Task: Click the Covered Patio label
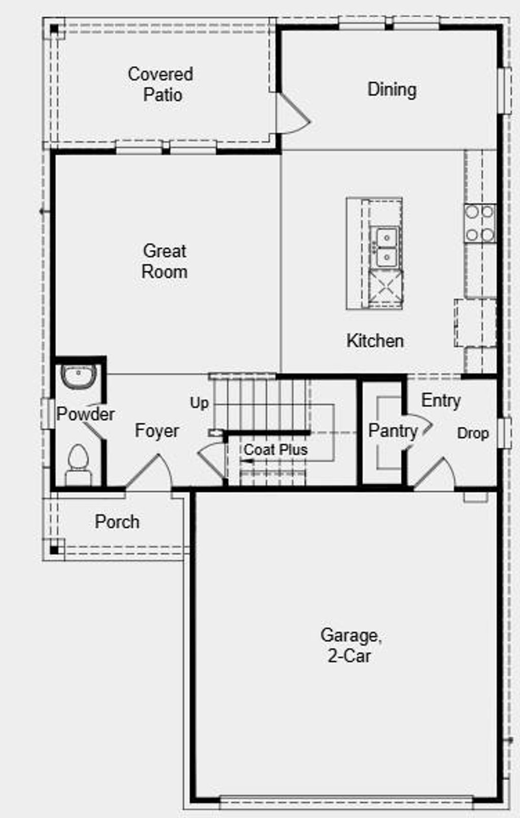click(161, 84)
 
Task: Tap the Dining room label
click(392, 90)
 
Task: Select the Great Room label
click(165, 261)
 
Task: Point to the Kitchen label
click(375, 340)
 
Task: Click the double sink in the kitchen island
click(386, 247)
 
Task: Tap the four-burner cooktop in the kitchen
click(480, 223)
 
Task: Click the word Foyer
click(156, 431)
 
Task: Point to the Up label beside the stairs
click(199, 403)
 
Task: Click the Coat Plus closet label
click(276, 450)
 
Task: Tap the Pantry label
click(393, 431)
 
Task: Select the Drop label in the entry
click(473, 433)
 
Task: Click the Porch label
click(117, 522)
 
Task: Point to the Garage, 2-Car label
click(350, 645)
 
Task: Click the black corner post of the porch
click(54, 549)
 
